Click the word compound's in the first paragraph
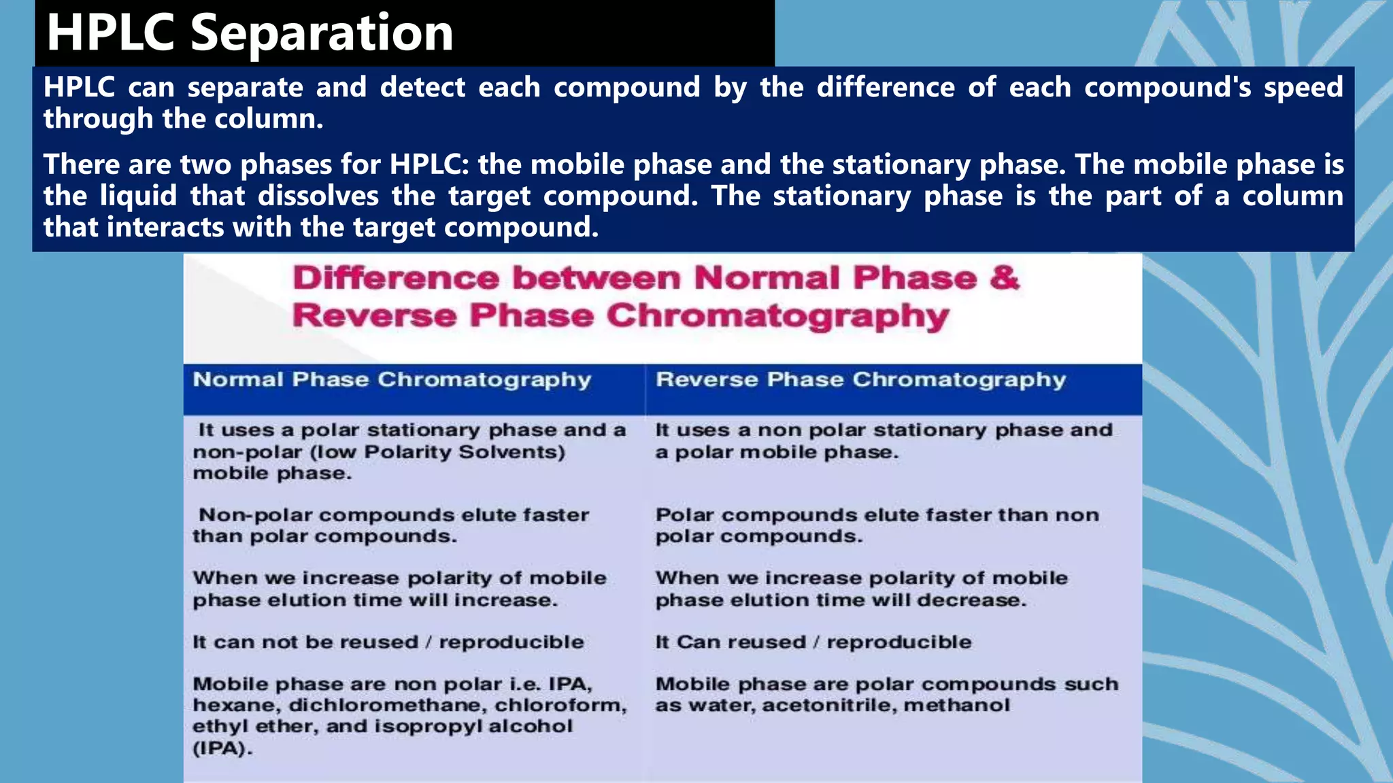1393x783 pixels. tap(1167, 88)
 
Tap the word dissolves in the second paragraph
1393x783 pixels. tap(318, 196)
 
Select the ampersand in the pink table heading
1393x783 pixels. tap(1005, 278)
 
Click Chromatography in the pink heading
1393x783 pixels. tap(777, 316)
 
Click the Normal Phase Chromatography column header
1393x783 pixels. tap(392, 380)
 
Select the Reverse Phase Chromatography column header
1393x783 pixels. tap(860, 380)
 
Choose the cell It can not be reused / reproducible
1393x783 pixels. tap(388, 642)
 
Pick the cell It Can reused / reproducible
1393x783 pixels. tap(813, 642)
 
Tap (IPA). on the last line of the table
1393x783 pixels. tap(222, 748)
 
